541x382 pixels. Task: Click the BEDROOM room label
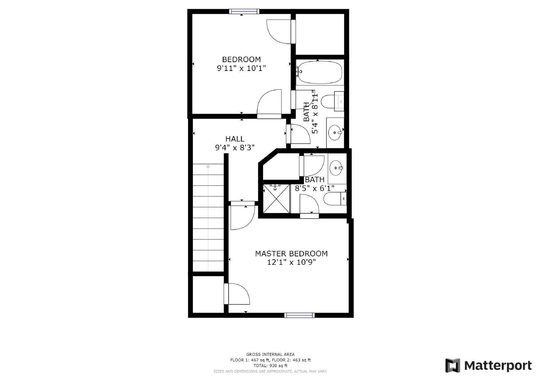[241, 59]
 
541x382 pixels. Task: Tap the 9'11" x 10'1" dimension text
[241, 68]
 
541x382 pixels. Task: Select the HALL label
[235, 139]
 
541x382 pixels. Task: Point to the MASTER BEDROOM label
[291, 254]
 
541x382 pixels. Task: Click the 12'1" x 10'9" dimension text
[291, 262]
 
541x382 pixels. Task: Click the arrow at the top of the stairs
[208, 166]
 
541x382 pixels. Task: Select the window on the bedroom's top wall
[244, 11]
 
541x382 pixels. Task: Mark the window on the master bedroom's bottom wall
[300, 315]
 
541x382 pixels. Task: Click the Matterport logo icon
[452, 365]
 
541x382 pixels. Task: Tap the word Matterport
[498, 365]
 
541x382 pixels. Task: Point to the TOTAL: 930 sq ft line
[270, 365]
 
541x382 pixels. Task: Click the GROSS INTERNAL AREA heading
[270, 354]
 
